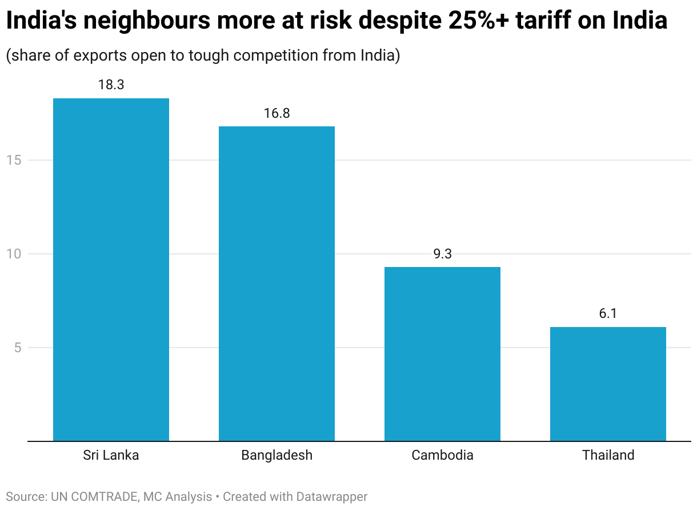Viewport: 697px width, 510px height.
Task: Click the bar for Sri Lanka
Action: tap(111, 269)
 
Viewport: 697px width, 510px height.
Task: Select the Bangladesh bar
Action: tap(277, 284)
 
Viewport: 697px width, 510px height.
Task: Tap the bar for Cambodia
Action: tap(442, 354)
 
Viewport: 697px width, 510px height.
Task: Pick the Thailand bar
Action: tap(608, 384)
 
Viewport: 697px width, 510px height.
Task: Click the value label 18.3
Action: tap(111, 85)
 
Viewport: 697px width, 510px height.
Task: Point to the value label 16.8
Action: tap(277, 113)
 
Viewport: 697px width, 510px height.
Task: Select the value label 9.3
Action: tap(442, 254)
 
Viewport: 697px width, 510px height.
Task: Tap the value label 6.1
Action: tap(608, 314)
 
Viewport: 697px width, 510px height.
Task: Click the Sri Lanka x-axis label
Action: tap(111, 456)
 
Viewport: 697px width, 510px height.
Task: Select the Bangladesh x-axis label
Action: tap(277, 456)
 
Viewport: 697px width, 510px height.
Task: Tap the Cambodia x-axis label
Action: tap(442, 456)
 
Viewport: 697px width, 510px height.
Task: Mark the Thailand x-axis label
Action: tap(608, 456)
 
